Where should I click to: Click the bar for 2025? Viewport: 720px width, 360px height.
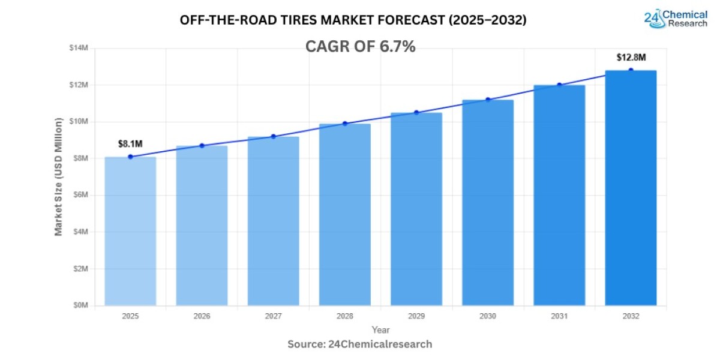pos(130,231)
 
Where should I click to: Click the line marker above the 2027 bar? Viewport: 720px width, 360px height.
pos(274,136)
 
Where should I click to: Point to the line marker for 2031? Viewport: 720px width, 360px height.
pos(559,85)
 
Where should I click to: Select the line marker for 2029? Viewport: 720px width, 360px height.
pos(416,112)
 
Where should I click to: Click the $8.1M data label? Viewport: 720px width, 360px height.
pos(130,143)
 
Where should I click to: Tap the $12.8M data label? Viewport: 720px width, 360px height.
pos(631,58)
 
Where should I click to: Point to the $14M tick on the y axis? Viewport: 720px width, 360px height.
pos(79,48)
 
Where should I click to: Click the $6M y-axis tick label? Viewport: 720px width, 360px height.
pos(80,195)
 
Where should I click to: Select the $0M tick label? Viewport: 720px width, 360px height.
pos(80,305)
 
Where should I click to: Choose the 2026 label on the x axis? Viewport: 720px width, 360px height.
pos(202,315)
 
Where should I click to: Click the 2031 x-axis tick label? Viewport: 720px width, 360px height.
pos(559,315)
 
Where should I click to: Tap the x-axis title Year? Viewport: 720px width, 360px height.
pos(380,329)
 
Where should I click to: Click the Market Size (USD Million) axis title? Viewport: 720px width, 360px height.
pos(59,176)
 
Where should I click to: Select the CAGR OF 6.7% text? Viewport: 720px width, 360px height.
pos(360,46)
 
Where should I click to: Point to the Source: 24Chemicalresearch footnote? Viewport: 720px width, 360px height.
pos(359,344)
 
